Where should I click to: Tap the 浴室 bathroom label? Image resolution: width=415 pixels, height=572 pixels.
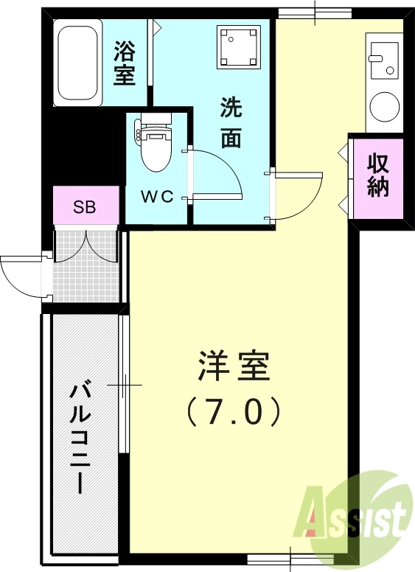pos(125,63)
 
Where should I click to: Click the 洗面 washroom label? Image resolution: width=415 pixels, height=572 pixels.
pos(231,123)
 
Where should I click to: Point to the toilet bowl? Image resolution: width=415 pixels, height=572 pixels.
pos(155,147)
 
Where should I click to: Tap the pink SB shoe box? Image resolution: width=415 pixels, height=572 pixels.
pos(85,206)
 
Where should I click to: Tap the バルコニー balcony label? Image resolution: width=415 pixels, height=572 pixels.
pos(79,438)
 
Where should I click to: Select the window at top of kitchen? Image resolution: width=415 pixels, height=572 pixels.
pos(315,13)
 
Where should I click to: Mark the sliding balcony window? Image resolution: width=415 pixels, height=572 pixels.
pos(125,384)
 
